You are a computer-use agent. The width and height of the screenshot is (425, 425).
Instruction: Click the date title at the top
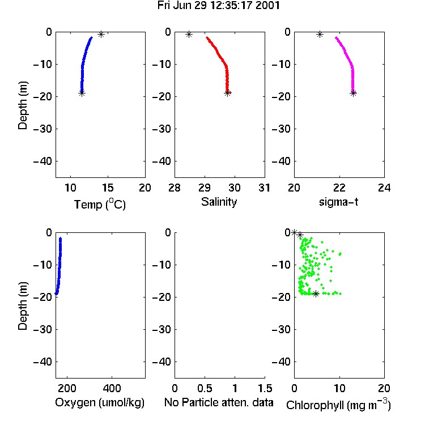click(219, 6)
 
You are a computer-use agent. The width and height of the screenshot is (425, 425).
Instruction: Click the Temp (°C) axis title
click(100, 204)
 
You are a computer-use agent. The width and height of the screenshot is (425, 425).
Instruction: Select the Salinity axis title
click(219, 202)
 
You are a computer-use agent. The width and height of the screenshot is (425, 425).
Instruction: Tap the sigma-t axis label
click(338, 202)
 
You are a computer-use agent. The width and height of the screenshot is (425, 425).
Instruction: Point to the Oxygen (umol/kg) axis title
click(100, 402)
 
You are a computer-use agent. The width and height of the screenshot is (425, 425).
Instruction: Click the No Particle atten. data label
click(219, 402)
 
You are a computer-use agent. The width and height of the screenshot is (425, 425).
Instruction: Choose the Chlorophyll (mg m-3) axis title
click(338, 405)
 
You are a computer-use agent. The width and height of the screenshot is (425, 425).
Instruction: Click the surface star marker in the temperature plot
click(101, 35)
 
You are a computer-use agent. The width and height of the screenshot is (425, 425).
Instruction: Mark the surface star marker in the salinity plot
click(189, 35)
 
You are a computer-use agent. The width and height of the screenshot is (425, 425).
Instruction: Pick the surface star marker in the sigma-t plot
click(320, 35)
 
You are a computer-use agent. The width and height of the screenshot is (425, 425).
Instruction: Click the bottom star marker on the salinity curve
click(227, 93)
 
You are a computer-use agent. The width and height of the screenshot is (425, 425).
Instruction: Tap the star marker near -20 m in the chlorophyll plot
click(316, 294)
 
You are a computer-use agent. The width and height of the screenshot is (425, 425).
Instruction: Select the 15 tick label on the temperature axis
click(108, 188)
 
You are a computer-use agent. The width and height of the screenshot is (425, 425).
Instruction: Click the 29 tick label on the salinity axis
click(205, 188)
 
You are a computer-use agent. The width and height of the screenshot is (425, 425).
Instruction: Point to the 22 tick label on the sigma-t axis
click(339, 188)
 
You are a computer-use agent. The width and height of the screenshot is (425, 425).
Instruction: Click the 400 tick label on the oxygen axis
click(112, 388)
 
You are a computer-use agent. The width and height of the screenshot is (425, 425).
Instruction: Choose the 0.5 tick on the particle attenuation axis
click(205, 388)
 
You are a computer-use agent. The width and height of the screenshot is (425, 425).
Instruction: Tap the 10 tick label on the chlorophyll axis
click(339, 388)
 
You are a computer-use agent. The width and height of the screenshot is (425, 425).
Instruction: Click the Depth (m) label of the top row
click(23, 105)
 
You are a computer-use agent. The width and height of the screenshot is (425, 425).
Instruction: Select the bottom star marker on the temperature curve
click(82, 93)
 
